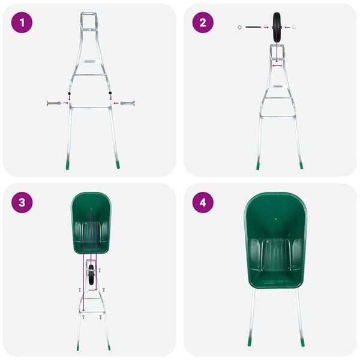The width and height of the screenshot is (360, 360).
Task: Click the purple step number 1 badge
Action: [x=22, y=23]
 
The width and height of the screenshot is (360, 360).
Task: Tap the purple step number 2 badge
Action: [x=203, y=23]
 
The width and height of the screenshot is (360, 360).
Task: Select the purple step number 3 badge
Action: [x=22, y=203]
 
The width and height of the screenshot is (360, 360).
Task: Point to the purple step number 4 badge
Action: [x=203, y=203]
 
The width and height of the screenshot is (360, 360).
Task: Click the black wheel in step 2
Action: [x=278, y=27]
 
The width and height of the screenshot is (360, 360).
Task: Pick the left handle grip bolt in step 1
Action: [x=52, y=103]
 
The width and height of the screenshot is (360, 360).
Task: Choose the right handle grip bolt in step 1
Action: [x=128, y=103]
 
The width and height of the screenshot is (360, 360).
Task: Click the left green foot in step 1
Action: [x=67, y=163]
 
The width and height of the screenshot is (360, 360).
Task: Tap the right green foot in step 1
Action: [x=118, y=163]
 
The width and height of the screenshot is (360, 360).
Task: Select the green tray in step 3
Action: [x=91, y=222]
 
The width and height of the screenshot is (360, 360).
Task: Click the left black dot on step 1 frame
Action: [x=70, y=94]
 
